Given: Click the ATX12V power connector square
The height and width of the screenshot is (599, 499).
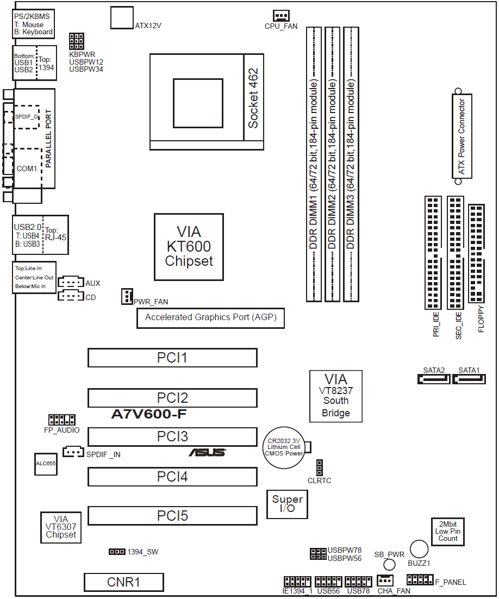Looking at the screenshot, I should pyautogui.click(x=122, y=17).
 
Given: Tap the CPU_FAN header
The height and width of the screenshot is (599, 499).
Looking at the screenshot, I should pyautogui.click(x=281, y=16).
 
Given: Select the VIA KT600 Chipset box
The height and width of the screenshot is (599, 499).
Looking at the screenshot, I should pyautogui.click(x=189, y=247).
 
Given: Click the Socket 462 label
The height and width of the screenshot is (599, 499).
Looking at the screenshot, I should pyautogui.click(x=253, y=98).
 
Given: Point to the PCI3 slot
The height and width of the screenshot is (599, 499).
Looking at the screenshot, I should pyautogui.click(x=172, y=436).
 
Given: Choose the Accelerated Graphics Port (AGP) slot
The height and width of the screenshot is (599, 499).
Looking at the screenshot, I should pyautogui.click(x=210, y=317).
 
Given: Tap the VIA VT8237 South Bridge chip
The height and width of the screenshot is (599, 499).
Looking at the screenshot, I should pyautogui.click(x=335, y=396).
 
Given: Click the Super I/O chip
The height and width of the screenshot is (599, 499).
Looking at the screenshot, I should pyautogui.click(x=287, y=504).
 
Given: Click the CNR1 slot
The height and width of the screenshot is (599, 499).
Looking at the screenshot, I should pyautogui.click(x=123, y=582).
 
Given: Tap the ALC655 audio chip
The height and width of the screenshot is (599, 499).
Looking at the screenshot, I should pyautogui.click(x=46, y=464).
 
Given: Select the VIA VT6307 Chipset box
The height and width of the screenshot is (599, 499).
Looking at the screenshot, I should pyautogui.click(x=61, y=527).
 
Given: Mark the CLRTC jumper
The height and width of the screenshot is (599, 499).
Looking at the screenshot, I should pyautogui.click(x=319, y=467).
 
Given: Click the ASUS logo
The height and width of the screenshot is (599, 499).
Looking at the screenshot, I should pyautogui.click(x=207, y=452).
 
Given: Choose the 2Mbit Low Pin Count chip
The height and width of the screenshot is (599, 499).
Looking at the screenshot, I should pyautogui.click(x=448, y=530).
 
